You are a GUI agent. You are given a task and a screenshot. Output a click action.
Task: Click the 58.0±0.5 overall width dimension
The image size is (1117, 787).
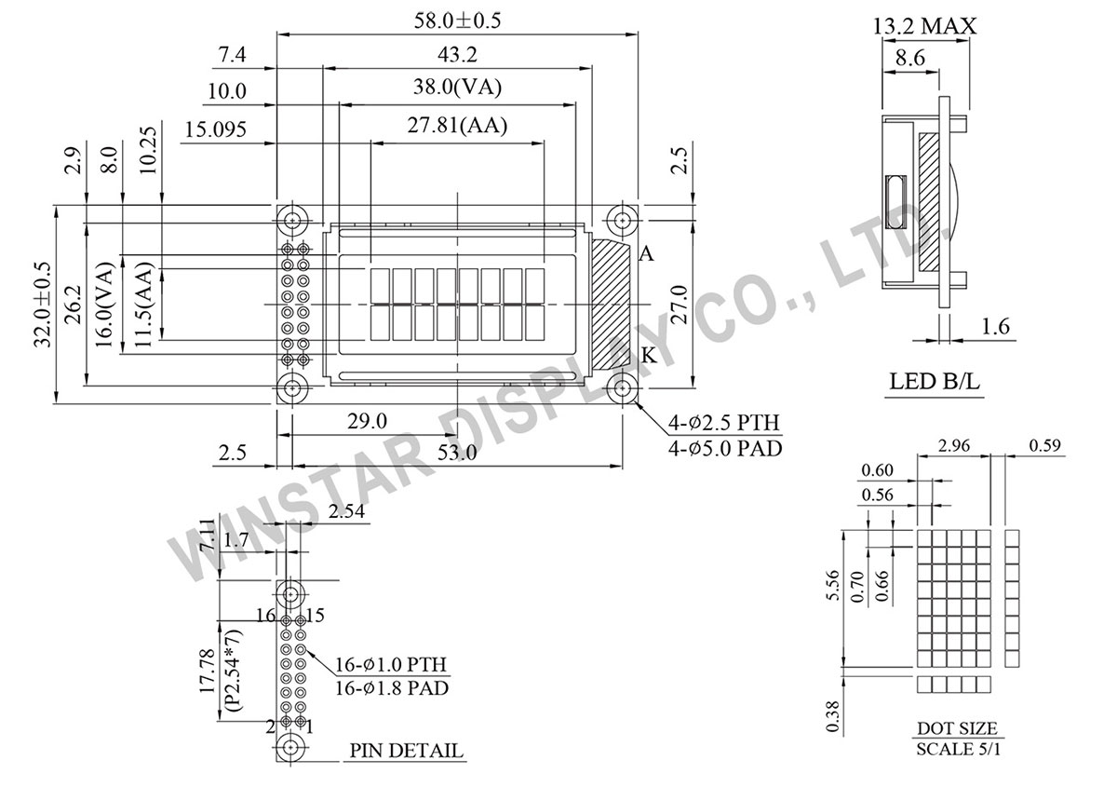pos(457,20)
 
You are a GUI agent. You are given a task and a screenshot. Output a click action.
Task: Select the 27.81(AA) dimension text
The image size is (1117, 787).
pos(457,127)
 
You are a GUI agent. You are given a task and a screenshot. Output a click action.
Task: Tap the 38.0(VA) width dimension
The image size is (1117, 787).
pos(457,89)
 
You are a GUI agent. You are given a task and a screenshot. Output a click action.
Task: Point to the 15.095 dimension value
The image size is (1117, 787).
pos(215,130)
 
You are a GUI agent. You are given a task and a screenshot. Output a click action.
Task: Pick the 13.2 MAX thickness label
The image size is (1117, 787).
pos(924,25)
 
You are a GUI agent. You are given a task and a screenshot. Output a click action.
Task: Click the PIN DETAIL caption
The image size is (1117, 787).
pos(407,751)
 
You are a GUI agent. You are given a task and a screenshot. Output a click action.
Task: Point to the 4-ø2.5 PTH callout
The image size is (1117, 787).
pos(724,427)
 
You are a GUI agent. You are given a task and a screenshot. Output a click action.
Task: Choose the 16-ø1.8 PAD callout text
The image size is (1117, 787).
pos(391,688)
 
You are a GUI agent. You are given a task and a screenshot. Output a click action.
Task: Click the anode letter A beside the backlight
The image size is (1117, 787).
pos(646,254)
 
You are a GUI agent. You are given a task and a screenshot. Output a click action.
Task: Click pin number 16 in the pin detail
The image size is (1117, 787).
pos(266,616)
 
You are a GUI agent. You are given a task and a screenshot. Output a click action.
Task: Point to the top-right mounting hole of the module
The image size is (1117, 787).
pos(622,221)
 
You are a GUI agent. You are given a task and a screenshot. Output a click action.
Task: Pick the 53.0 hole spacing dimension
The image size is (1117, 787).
pos(457,453)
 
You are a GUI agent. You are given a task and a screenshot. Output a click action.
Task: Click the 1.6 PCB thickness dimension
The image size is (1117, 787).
pos(993,327)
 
